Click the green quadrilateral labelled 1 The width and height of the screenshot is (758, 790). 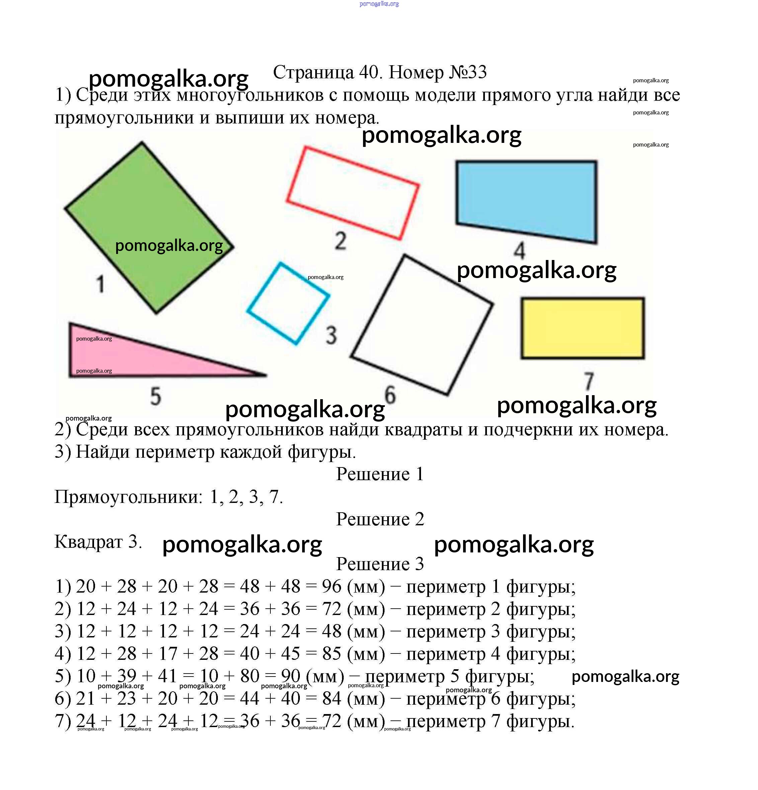tap(149, 209)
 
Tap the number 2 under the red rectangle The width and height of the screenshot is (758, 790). tap(341, 241)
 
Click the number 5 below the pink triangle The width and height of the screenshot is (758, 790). tap(156, 396)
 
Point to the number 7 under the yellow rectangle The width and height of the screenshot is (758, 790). tap(589, 381)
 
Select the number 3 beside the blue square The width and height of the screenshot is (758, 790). tap(331, 335)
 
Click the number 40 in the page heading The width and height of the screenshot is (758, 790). tap(368, 73)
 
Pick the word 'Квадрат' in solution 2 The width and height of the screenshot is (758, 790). tap(88, 542)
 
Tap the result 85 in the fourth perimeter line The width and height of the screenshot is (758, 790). tap(331, 654)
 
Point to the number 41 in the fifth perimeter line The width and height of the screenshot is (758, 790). tap(168, 676)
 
